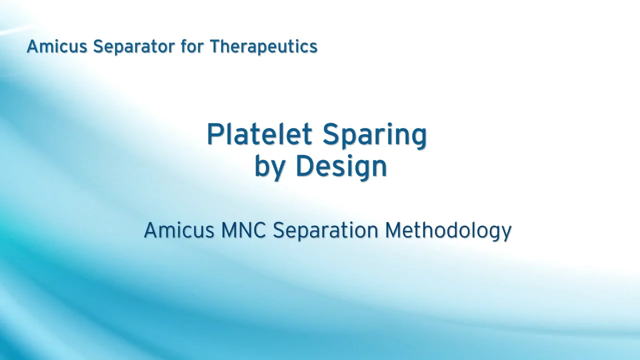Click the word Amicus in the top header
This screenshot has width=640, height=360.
(x=57, y=46)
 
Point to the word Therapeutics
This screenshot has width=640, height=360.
(x=263, y=46)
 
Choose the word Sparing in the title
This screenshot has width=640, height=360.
(x=374, y=135)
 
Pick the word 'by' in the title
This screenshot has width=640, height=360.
(x=270, y=167)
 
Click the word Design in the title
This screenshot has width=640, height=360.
(x=341, y=167)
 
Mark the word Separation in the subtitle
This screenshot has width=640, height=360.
(x=325, y=230)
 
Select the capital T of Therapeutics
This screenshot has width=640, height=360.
(x=215, y=46)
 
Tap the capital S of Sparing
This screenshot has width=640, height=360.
(x=332, y=134)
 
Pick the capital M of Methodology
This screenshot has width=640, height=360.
(x=394, y=230)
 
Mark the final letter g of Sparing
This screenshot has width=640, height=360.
(x=417, y=137)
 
